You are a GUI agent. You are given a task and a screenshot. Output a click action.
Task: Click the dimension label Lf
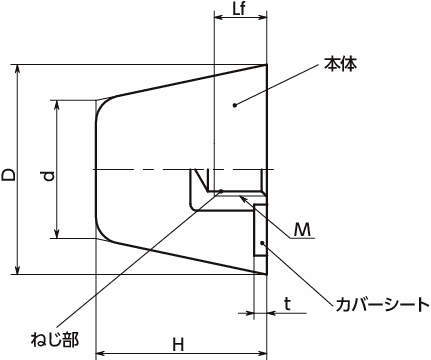pyautogui.click(x=239, y=9)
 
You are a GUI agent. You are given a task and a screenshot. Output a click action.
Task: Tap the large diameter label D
pyautogui.click(x=9, y=175)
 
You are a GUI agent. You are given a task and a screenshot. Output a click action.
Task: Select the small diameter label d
pyautogui.click(x=49, y=176)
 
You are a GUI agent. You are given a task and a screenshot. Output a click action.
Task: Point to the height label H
pyautogui.click(x=178, y=344)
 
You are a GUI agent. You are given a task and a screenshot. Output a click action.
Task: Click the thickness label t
pyautogui.click(x=287, y=304)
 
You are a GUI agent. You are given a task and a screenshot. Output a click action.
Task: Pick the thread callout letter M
pyautogui.click(x=302, y=229)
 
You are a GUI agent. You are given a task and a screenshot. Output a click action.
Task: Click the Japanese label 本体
pyautogui.click(x=341, y=64)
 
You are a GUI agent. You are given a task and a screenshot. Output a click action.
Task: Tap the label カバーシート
pyautogui.click(x=382, y=305)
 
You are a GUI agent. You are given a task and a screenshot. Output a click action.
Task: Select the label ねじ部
pyautogui.click(x=55, y=339)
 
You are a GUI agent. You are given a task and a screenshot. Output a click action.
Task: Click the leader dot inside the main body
pyautogui.click(x=235, y=105)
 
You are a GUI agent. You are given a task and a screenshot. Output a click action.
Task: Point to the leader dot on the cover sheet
pyautogui.click(x=263, y=242)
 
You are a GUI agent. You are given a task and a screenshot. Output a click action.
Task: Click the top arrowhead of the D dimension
pyautogui.click(x=18, y=69)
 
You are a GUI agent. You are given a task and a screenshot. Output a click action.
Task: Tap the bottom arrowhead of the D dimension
pyautogui.click(x=18, y=270)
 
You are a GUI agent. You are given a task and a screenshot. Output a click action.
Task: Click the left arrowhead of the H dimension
pyautogui.click(x=101, y=353)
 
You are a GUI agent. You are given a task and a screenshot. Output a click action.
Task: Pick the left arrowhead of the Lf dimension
pyautogui.click(x=218, y=17)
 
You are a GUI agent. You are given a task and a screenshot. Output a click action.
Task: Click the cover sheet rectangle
pyautogui.click(x=260, y=231)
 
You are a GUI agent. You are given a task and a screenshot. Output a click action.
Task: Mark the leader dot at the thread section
pyautogui.click(x=221, y=191)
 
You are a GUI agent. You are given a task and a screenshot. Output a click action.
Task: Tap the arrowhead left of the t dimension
pyautogui.click(x=249, y=313)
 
